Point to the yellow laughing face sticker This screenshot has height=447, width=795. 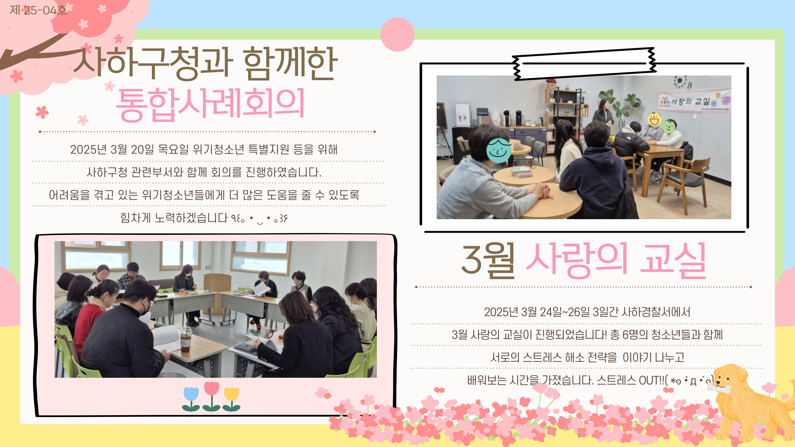654,119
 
